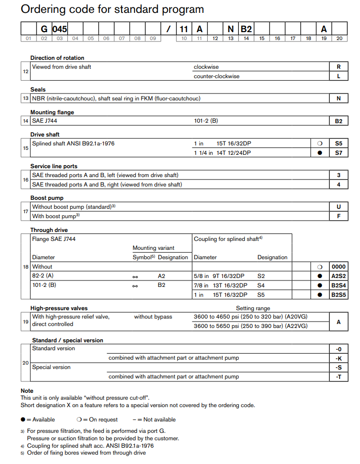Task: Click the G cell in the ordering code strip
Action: [x=44, y=29]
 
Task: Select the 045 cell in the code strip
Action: [x=60, y=29]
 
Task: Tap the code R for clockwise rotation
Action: [x=338, y=67]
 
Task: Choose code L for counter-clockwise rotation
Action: [x=338, y=76]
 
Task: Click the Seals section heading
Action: [x=38, y=90]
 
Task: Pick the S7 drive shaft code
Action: [x=338, y=153]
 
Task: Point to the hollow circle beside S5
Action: [x=319, y=143]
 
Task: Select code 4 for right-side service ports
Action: [x=338, y=185]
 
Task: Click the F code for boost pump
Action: [x=338, y=216]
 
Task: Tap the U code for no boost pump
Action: [x=338, y=207]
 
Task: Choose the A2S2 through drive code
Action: [x=338, y=276]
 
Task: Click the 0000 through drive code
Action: [x=338, y=266]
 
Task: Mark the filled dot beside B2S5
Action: [x=319, y=295]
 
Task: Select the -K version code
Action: [x=338, y=358]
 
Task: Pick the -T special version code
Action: [x=338, y=376]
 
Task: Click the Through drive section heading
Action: [x=49, y=230]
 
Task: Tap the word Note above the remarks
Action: [x=27, y=391]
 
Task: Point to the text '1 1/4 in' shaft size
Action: [x=203, y=153]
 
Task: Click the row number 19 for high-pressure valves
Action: [x=26, y=321]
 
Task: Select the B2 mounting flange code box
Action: [x=338, y=121]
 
